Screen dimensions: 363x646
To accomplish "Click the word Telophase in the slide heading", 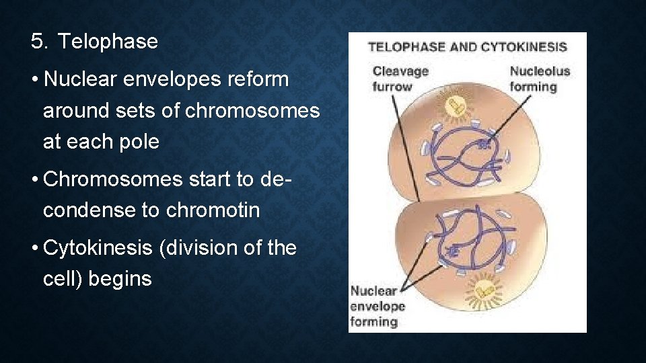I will pos(108,42).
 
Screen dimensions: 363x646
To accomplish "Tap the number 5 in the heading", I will pos(38,42).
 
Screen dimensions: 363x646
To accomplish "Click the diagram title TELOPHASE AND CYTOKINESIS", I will pos(467,47).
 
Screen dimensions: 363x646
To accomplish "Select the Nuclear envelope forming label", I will pos(377,306).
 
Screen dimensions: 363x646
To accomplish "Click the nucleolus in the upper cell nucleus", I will pos(482,143).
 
